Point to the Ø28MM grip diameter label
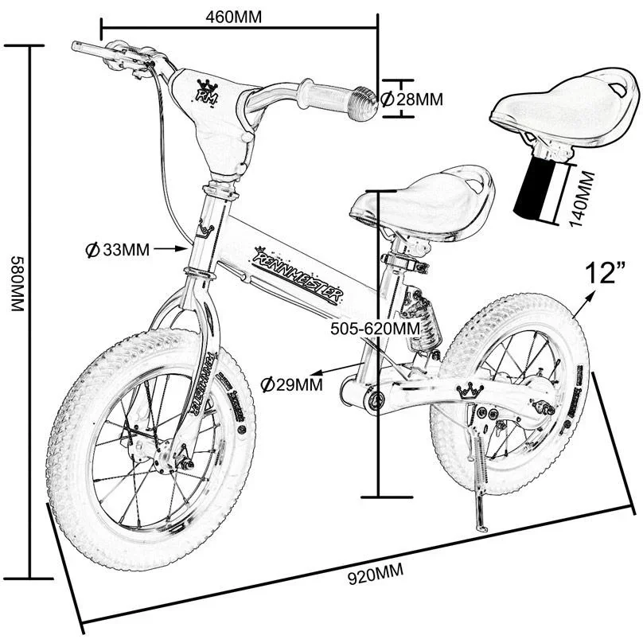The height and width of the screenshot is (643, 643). (411, 99)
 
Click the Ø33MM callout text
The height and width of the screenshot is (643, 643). (117, 249)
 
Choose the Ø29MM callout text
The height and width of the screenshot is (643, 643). (291, 385)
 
